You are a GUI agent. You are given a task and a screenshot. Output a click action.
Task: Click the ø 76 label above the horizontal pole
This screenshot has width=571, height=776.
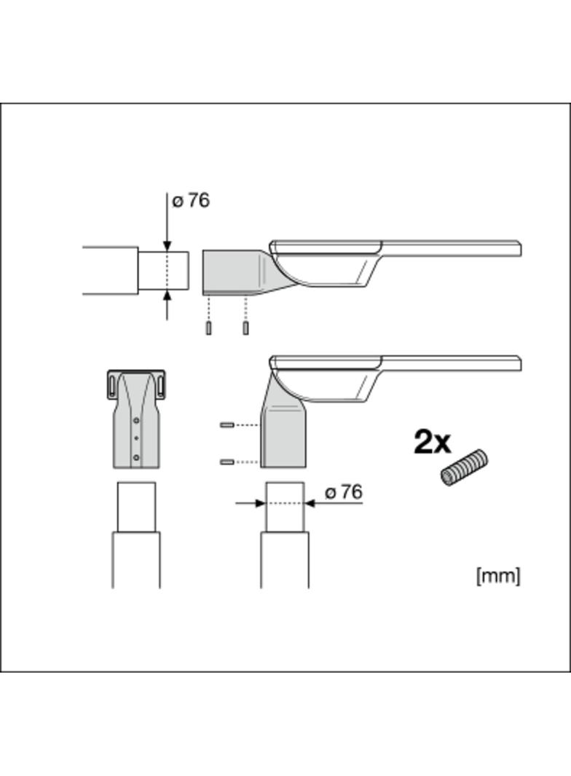[191, 201]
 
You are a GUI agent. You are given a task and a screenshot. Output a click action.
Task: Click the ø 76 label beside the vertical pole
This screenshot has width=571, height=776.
[343, 493]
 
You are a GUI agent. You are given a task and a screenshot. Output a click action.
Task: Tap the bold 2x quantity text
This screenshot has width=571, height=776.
[433, 442]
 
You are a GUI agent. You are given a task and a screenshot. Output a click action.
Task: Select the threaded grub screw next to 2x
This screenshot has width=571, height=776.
[464, 467]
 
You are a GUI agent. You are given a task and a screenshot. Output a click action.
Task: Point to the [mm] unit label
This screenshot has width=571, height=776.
[498, 576]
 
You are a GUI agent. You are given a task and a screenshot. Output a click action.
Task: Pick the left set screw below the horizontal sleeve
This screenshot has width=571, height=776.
[208, 328]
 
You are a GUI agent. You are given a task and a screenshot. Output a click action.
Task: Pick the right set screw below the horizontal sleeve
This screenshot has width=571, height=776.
[246, 328]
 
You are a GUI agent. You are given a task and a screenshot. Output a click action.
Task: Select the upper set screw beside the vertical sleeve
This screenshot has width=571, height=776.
[227, 424]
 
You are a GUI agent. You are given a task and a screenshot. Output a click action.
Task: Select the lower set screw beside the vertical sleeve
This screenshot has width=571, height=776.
[227, 462]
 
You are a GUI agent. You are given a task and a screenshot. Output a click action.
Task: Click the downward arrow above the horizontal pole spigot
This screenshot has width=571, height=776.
[168, 245]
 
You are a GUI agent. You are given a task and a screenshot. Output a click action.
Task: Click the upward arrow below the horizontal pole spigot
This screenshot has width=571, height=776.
[168, 298]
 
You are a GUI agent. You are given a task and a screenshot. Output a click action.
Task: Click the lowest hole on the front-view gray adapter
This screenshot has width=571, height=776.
[136, 457]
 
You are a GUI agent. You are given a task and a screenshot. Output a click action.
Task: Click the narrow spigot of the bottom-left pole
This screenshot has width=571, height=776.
[136, 507]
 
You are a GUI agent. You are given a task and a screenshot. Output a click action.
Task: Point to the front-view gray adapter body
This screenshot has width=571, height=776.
[136, 429]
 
